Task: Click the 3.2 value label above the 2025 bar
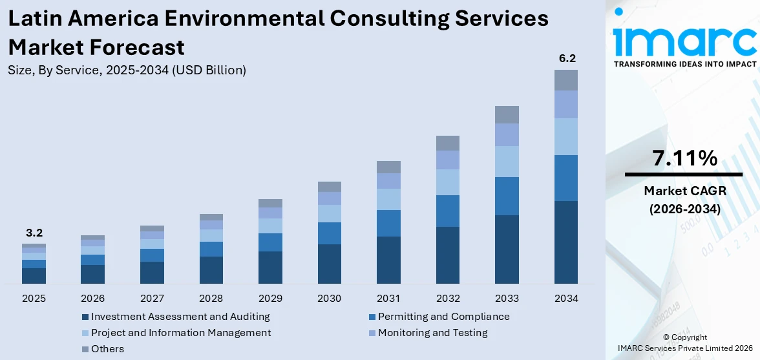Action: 34,233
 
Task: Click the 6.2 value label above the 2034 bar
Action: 567,59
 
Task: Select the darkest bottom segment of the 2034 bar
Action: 566,242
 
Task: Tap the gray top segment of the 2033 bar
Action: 507,114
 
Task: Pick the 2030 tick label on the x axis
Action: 330,299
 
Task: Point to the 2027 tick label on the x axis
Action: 152,299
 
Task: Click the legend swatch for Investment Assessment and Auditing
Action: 85,317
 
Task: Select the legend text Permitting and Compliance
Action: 443,317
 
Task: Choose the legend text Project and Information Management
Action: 181,333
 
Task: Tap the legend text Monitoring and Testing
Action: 432,333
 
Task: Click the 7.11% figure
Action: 684,158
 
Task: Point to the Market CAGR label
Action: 684,191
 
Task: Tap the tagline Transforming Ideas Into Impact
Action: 684,64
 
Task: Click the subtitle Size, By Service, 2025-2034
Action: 127,70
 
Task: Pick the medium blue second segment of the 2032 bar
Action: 448,211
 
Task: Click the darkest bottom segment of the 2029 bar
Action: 270,267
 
